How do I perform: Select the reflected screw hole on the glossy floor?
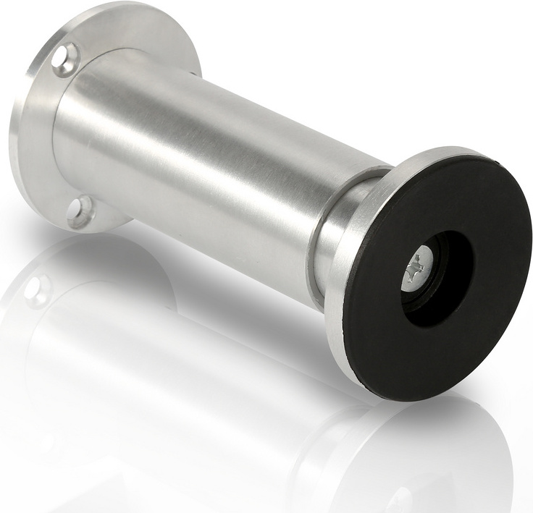(36, 289)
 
